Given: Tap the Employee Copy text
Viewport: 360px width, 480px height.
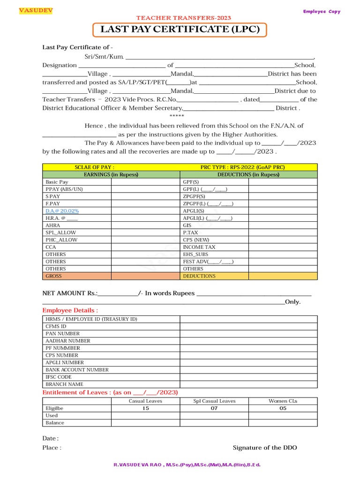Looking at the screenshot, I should tap(322, 11).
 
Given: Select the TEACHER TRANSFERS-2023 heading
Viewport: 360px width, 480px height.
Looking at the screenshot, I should tap(184, 18).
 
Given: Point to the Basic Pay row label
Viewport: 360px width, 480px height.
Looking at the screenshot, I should tap(57, 182).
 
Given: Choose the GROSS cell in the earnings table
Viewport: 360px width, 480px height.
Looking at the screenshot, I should tap(53, 276).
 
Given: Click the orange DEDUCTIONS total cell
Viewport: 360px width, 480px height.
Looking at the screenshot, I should tap(199, 276).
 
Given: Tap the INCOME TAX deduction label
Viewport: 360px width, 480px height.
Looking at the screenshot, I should tap(199, 247).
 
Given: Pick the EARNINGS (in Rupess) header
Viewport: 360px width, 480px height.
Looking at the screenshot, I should tap(111, 174).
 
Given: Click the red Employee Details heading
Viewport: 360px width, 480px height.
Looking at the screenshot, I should tap(70, 310).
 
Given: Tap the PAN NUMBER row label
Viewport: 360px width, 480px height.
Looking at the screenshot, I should tap(62, 333).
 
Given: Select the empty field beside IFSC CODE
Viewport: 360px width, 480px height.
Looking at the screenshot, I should tap(248, 377).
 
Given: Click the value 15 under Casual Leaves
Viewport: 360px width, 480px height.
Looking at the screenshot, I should tap(145, 408).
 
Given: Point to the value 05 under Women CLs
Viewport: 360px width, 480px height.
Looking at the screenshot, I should tap(283, 408).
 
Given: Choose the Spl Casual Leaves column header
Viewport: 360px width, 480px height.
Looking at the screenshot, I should tap(214, 401).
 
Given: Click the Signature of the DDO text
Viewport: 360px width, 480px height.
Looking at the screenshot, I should tap(265, 448).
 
